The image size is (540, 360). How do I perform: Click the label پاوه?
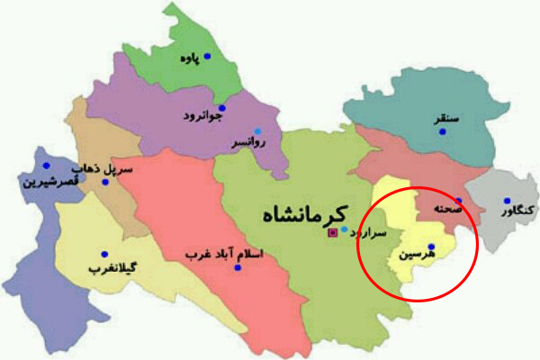coord(188,60)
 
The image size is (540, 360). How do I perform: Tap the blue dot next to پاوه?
coord(206,57)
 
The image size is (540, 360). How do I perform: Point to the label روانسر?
coord(246,142)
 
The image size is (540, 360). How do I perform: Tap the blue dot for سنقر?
coord(443,132)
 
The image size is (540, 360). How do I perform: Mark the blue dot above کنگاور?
coord(508,201)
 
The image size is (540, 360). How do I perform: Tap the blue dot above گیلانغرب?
coord(104,254)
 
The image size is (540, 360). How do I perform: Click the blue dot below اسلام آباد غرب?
coord(237,268)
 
